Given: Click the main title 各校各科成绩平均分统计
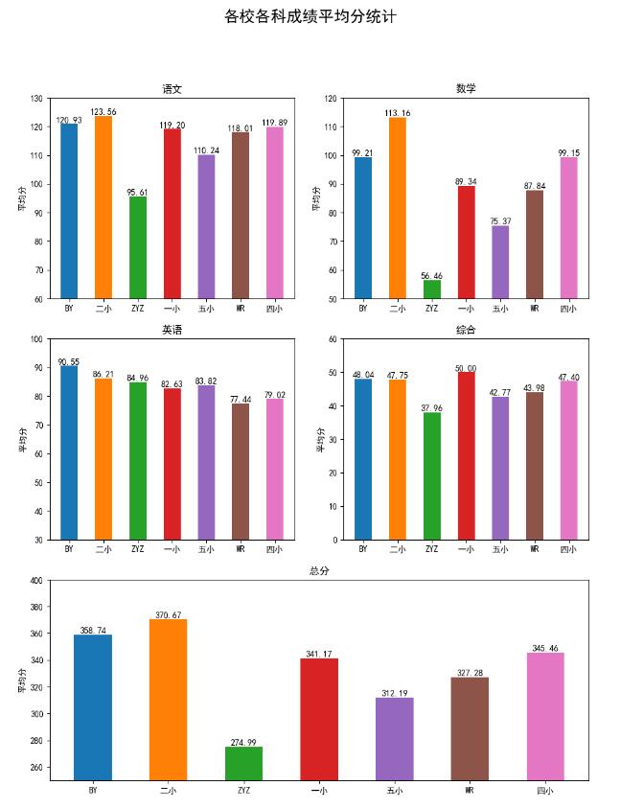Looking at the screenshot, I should (310, 16).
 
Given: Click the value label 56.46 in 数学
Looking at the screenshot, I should (432, 276).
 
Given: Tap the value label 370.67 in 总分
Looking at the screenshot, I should (168, 615).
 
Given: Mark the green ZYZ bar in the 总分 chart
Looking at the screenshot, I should (243, 763).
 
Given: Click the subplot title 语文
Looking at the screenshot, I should (172, 89).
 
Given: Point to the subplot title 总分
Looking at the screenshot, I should (319, 571).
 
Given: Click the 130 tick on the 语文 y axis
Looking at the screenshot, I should (36, 99).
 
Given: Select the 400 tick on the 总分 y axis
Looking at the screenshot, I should (36, 581).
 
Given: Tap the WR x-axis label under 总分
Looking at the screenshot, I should (470, 791).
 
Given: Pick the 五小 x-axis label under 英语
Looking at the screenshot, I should (206, 550).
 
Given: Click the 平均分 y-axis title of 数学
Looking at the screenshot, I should (317, 198).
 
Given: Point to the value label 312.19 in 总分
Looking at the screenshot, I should (394, 693).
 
